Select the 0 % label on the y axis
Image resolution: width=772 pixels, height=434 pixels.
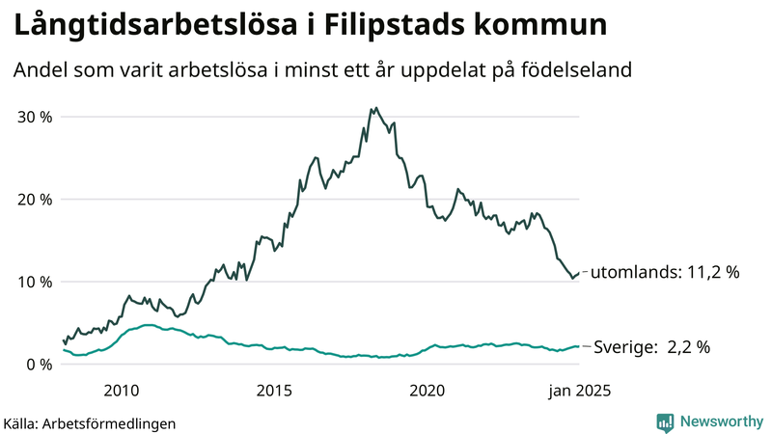click(x=40, y=364)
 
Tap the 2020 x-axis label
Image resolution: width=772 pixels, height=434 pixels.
click(x=427, y=391)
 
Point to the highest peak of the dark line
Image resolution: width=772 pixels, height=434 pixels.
click(x=375, y=108)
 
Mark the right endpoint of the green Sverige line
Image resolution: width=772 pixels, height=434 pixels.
click(x=579, y=346)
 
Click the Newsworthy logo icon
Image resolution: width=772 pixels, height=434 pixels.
click(x=665, y=421)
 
